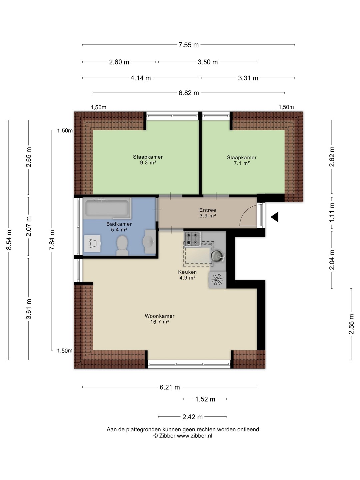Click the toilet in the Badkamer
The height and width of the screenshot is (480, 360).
(x=122, y=245)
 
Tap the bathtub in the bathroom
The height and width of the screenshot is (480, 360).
(x=107, y=208)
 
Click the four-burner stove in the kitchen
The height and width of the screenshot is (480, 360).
(x=193, y=239)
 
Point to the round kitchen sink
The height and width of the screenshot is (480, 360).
(x=216, y=255)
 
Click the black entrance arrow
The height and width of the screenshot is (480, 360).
(x=275, y=217)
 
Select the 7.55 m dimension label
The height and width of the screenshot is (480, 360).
(x=188, y=45)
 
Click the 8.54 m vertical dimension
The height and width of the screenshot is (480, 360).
(x=9, y=240)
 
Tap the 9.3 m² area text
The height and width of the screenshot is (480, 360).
(x=148, y=163)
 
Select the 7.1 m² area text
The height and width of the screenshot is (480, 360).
(x=242, y=163)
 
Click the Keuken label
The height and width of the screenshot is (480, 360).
(x=187, y=272)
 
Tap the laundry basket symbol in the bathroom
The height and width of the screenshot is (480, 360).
(x=92, y=243)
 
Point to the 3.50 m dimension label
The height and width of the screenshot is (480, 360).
(x=208, y=62)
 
